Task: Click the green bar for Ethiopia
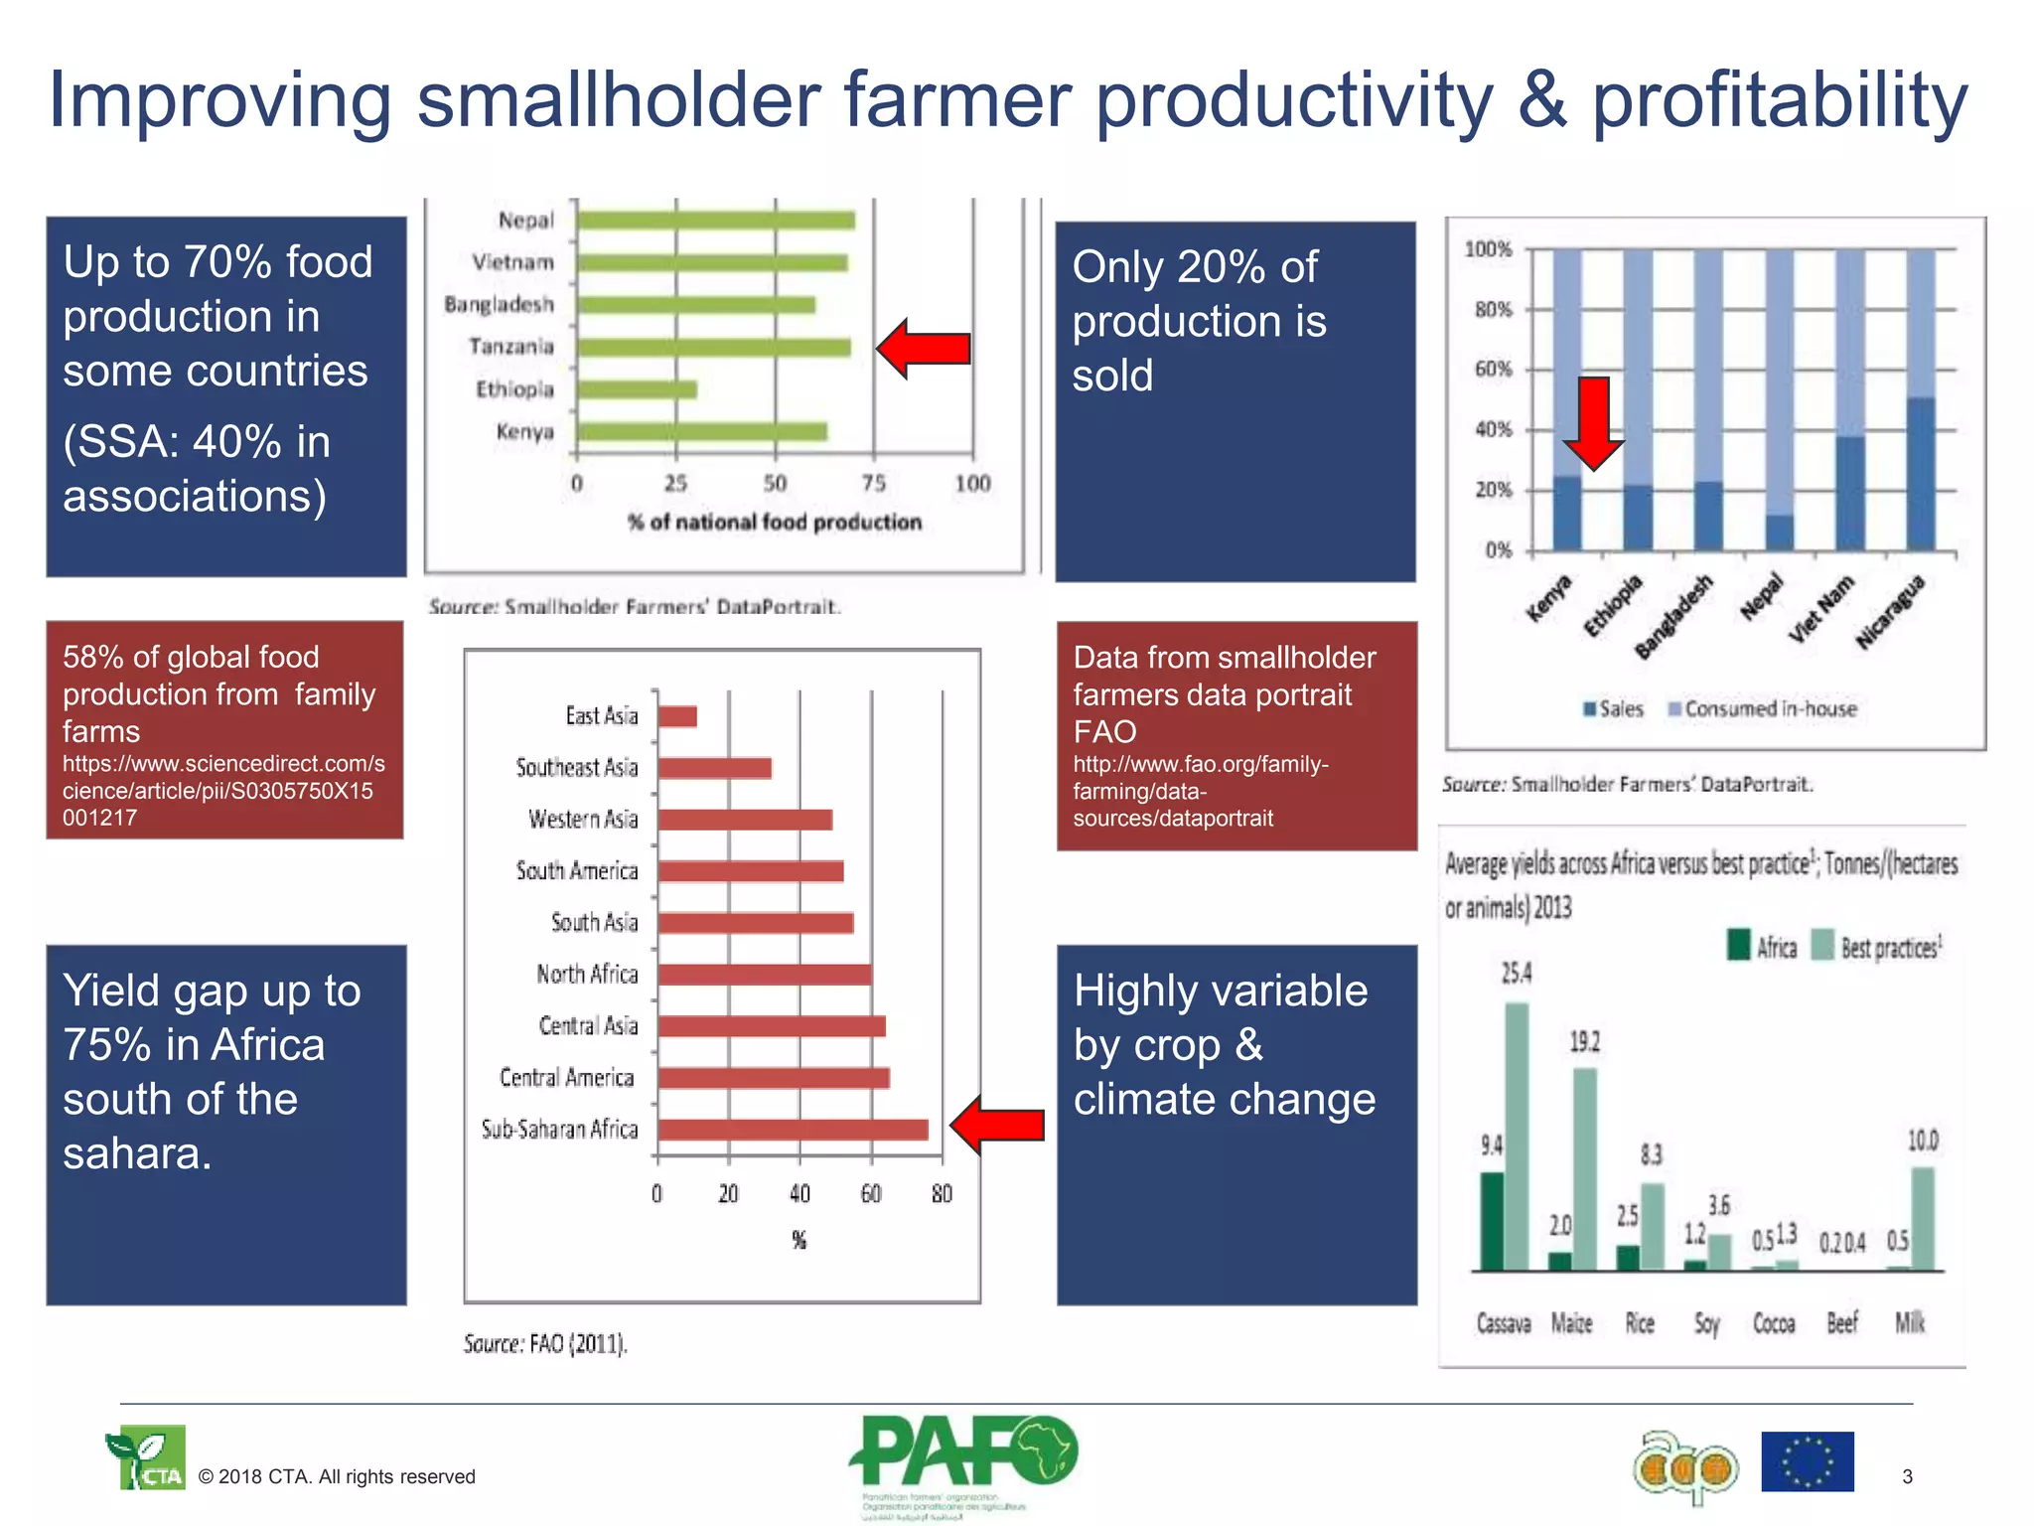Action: tap(637, 389)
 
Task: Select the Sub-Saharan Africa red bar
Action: tap(793, 1130)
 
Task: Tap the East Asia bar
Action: tap(677, 716)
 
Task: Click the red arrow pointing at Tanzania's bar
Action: tap(924, 348)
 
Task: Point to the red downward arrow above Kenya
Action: tap(1594, 422)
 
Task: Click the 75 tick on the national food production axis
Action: tap(873, 484)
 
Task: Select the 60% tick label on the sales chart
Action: tap(1493, 370)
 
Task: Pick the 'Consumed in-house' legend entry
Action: tap(1762, 709)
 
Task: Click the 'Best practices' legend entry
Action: tap(1877, 947)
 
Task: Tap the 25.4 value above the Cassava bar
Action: tap(1516, 974)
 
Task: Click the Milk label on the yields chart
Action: tap(1909, 1323)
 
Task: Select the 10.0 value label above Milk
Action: tap(1922, 1141)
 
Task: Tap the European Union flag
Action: tap(1807, 1461)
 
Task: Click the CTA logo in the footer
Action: tap(146, 1458)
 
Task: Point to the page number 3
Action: tap(1907, 1476)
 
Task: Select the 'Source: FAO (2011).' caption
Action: tap(545, 1344)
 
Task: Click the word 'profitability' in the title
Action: tap(1780, 100)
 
